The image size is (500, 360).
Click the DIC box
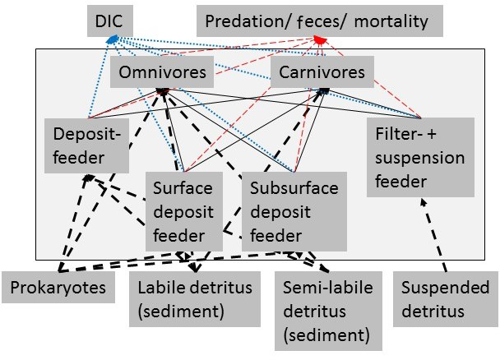pos(109,21)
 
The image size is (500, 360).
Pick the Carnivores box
pos(317,72)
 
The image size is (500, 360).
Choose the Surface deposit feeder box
pos(187,212)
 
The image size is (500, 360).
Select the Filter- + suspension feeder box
pos(422,156)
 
